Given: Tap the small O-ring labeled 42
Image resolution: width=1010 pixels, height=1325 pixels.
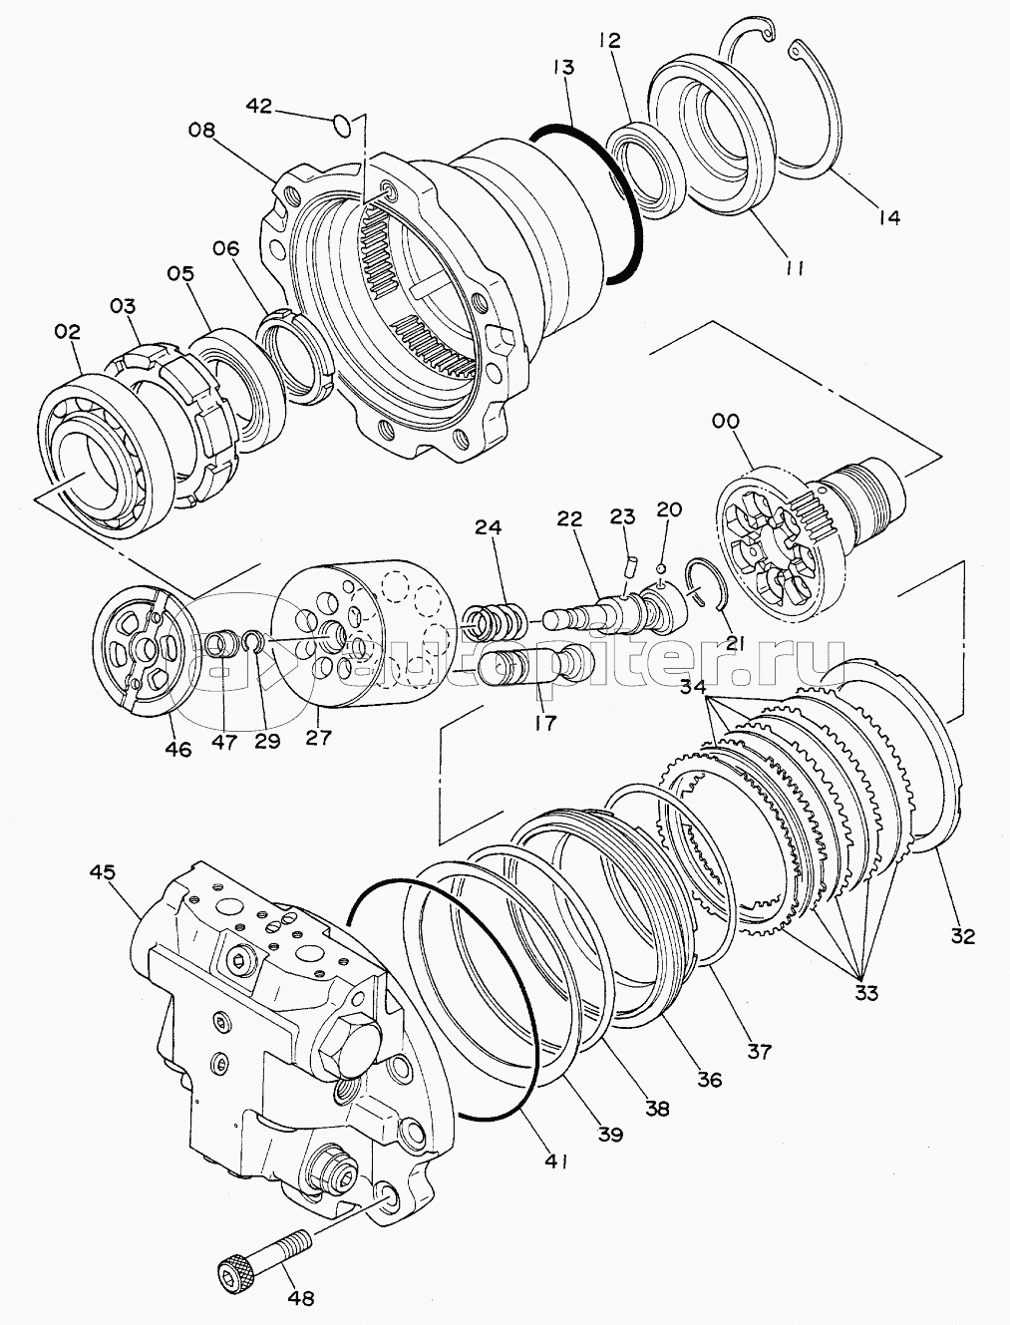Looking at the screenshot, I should [341, 124].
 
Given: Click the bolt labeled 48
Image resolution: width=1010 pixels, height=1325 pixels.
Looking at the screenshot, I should [262, 1254].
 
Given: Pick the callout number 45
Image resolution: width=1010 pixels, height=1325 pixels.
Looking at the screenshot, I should [103, 872].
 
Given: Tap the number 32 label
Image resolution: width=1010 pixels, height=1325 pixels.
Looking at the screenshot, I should [964, 936].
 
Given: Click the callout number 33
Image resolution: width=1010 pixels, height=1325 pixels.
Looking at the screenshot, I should [864, 993].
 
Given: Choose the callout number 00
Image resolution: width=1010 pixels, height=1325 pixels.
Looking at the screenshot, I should [726, 422].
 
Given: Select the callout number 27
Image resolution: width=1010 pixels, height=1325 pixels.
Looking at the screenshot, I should [320, 737].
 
